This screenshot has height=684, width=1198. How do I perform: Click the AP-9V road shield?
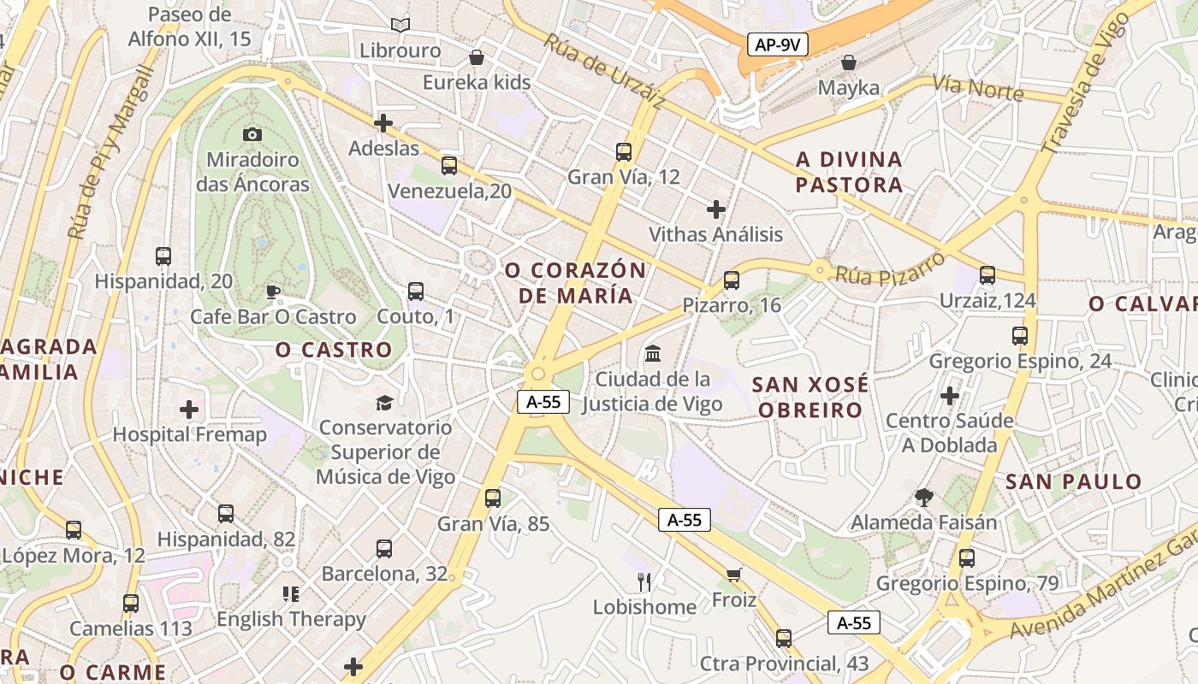778,45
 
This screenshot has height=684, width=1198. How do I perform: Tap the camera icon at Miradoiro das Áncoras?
252,134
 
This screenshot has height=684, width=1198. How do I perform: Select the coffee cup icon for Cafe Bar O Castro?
273,292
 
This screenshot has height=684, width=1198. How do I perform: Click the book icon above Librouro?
400,26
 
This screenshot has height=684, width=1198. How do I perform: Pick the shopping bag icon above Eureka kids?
477,58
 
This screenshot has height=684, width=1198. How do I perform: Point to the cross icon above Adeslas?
383,123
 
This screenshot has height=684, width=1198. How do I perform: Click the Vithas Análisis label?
715,234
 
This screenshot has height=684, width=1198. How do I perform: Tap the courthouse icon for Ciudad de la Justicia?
653,353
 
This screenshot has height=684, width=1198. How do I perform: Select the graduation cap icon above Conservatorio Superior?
385,402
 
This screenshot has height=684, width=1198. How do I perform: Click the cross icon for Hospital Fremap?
189,410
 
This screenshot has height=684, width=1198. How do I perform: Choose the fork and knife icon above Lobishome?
644,582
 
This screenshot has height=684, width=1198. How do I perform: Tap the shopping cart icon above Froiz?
733,575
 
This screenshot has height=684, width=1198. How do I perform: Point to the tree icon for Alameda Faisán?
923,497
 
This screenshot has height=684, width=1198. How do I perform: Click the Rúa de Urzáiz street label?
604,73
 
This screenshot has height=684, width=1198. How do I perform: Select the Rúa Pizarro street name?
890,266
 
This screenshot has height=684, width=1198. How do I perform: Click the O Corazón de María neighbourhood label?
575,283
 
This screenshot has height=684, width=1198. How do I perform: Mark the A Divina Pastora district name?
849,172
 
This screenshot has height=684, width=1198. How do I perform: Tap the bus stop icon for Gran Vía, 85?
492,498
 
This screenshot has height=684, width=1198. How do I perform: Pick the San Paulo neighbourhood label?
1073,481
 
